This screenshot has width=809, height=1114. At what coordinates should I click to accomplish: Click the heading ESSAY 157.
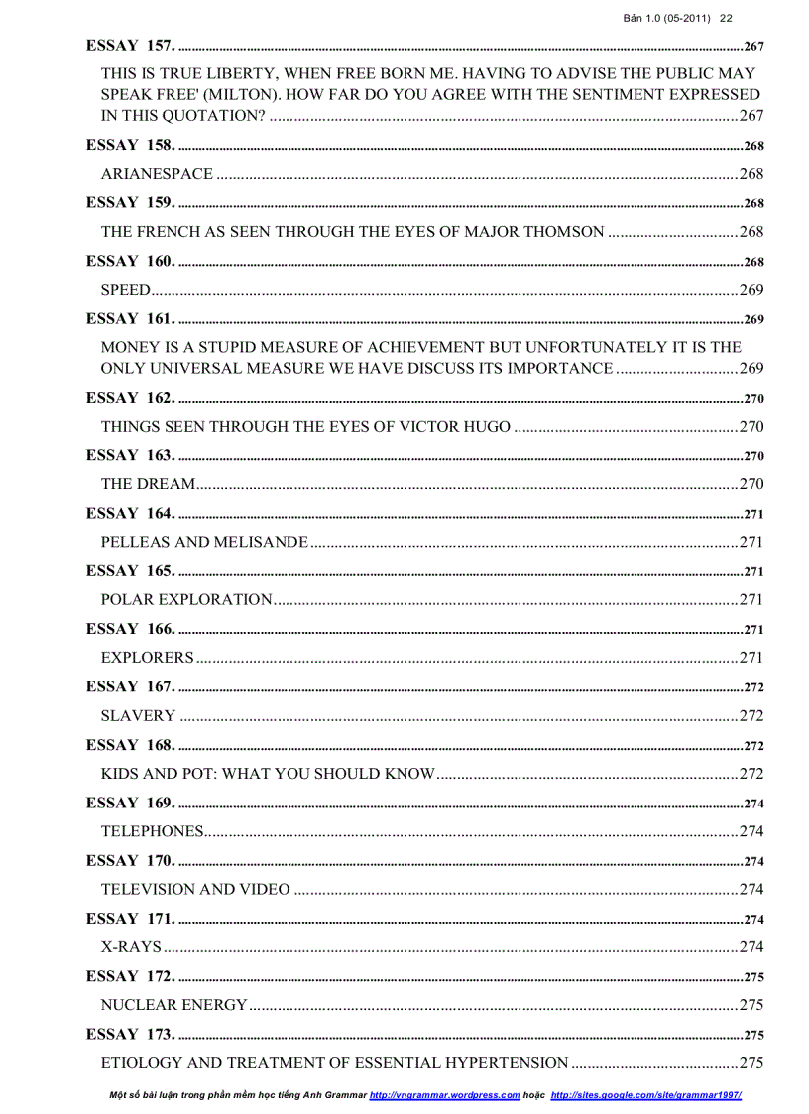(130, 46)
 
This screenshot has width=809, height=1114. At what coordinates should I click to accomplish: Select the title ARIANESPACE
(157, 174)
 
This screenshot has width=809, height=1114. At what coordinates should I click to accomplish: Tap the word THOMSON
(561, 232)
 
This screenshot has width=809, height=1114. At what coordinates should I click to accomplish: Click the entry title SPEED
(125, 290)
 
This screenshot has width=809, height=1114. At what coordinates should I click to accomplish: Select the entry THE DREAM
(148, 484)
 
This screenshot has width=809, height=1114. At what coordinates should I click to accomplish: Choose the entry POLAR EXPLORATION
(186, 599)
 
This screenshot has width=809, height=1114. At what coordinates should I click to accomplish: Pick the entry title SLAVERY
(138, 715)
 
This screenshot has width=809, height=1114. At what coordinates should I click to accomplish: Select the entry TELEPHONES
(152, 831)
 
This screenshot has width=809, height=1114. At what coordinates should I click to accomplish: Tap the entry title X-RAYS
(131, 946)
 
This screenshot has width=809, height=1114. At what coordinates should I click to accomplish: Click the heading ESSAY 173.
(130, 1034)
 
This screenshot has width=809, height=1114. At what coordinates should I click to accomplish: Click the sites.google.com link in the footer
(645, 1095)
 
